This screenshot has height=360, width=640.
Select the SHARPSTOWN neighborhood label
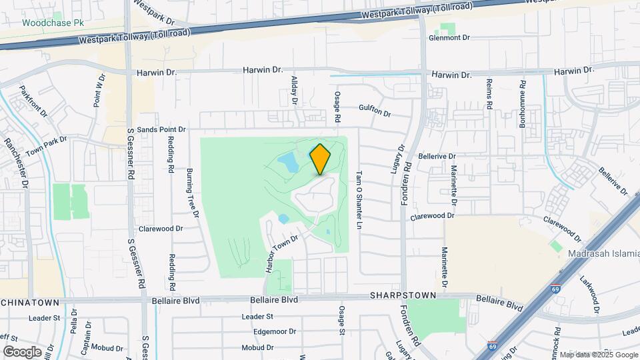[404, 295]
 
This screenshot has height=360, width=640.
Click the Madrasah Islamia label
[603, 253]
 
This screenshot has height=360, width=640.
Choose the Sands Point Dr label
[156, 129]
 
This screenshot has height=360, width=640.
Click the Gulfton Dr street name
[374, 111]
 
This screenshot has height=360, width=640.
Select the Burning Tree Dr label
[193, 192]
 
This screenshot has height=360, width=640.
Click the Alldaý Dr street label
[294, 90]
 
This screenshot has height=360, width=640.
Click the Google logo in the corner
[22, 351]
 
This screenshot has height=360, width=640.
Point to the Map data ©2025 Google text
[598, 355]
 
